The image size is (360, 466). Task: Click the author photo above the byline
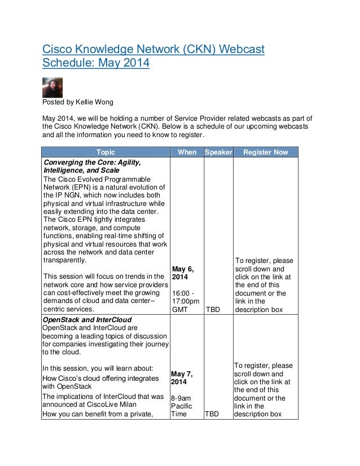pos(53,87)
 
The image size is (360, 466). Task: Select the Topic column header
pos(106,152)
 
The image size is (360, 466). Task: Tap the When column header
pos(187,152)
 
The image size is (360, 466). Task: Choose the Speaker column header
pos(218,152)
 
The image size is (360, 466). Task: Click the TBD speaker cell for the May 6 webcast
pos(213,310)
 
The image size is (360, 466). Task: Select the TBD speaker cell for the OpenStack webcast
pos(213,414)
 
